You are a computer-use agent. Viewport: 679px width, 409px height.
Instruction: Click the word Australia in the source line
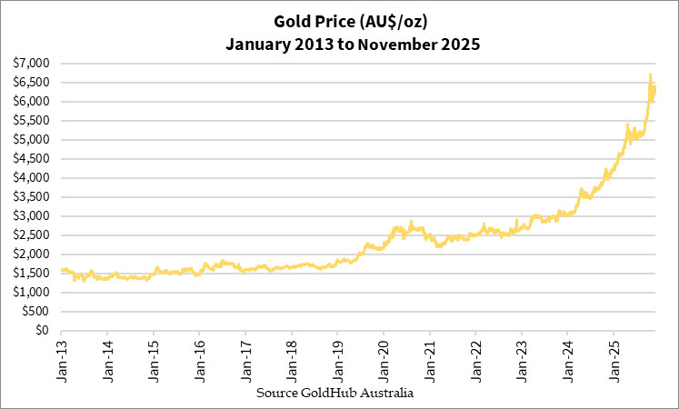388,394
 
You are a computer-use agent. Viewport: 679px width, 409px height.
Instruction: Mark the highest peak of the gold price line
650,75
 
